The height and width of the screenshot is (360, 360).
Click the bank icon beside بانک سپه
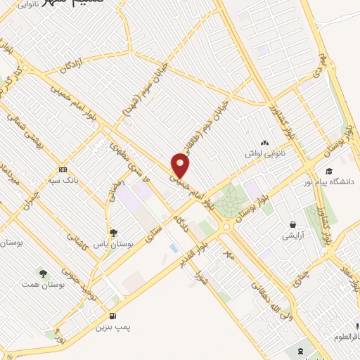[64, 169]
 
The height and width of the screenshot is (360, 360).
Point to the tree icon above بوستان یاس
[112, 233]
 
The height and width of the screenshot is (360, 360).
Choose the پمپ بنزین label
[115, 327]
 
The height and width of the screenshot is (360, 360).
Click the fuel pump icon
[114, 314]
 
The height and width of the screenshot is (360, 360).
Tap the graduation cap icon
[329, 171]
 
